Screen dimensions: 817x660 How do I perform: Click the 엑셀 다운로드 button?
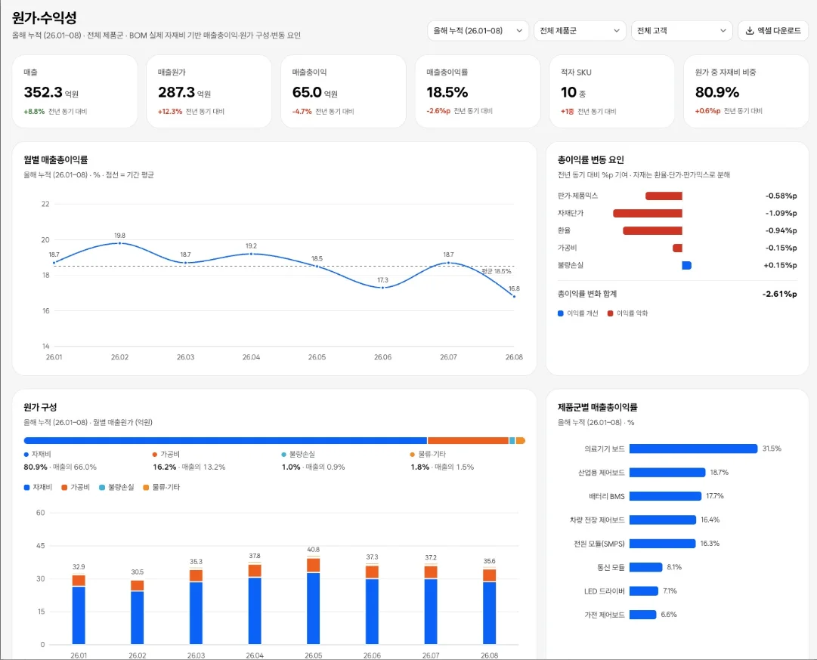[773, 31]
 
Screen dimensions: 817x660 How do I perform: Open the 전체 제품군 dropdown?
[580, 31]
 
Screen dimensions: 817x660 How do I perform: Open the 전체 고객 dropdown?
[682, 31]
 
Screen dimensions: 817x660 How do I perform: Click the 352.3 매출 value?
[43, 92]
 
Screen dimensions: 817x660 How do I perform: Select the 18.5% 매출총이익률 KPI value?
[447, 92]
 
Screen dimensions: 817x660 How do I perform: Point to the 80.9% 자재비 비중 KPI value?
[717, 92]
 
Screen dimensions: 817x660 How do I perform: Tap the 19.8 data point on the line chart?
[120, 243]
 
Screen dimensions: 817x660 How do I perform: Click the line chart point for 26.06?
[383, 288]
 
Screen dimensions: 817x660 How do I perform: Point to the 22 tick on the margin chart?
[45, 204]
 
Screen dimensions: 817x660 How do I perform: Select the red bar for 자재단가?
[648, 213]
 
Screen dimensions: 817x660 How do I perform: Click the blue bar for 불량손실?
[687, 266]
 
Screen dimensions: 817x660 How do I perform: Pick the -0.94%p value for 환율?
[781, 230]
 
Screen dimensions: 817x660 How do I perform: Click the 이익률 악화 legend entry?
[628, 313]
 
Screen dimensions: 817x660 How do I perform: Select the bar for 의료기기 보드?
[694, 449]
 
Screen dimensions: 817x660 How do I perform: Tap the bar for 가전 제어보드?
[643, 615]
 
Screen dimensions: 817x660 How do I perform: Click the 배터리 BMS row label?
[606, 497]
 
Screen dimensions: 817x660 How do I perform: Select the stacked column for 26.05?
[313, 600]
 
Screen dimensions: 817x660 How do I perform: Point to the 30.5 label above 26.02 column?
[138, 572]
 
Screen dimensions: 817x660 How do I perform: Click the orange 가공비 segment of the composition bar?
[468, 441]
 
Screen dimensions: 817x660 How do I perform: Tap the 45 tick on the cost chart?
[41, 545]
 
